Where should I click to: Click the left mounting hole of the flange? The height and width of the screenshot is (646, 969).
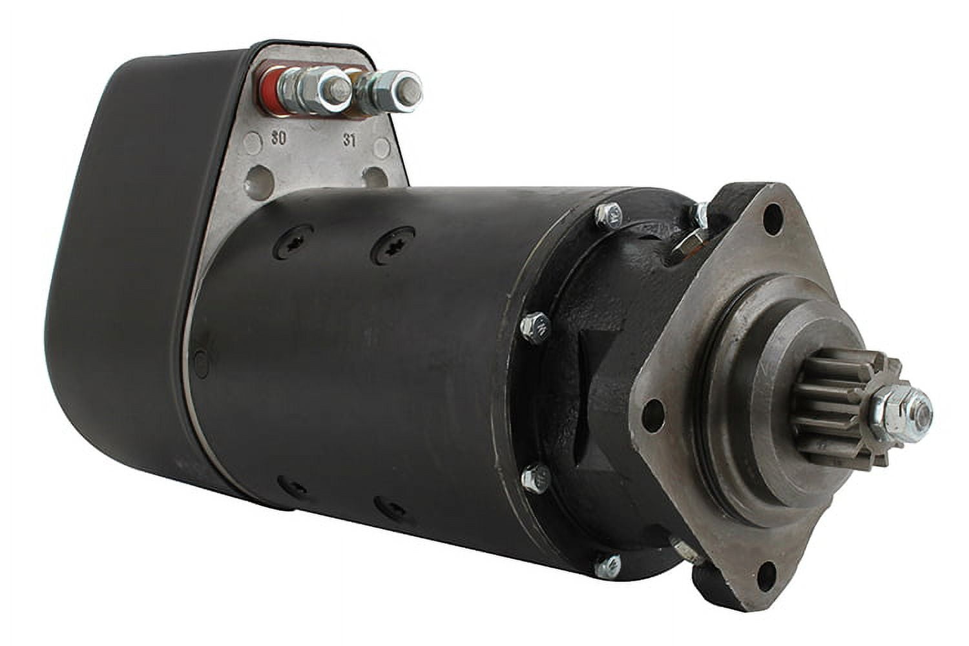pyautogui.click(x=654, y=410)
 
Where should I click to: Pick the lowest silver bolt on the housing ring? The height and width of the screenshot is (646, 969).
pyautogui.click(x=607, y=566)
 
